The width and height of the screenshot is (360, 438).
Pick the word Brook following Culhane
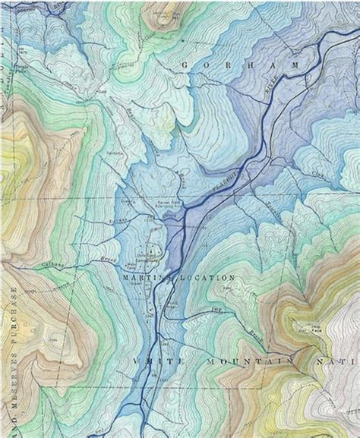(86, 258)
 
